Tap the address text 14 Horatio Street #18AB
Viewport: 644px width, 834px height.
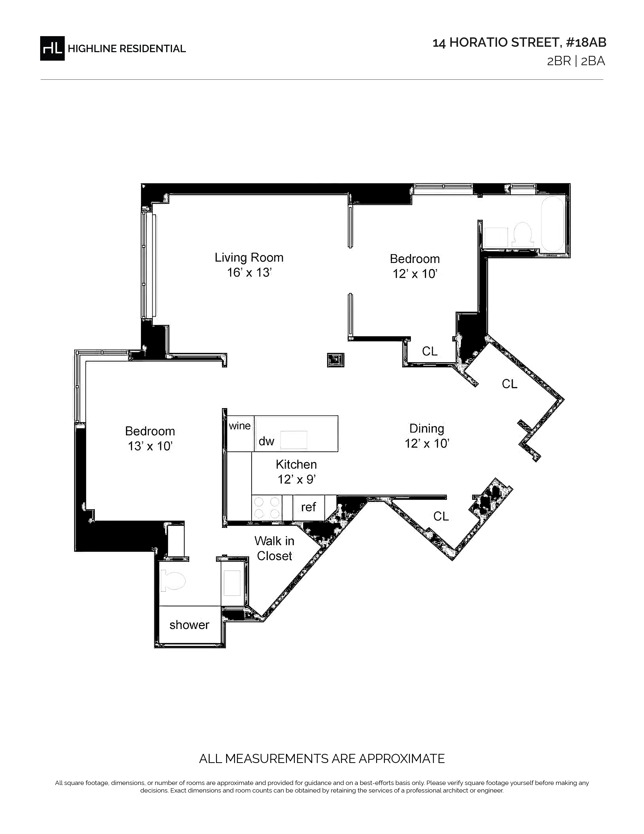pos(519,43)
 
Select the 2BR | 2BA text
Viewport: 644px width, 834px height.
pos(576,61)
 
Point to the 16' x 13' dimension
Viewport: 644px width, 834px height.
pos(249,273)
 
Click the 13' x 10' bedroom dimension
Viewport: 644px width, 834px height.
pos(150,446)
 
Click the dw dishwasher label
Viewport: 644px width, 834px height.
pos(266,442)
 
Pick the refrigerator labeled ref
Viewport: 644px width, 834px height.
pos(309,507)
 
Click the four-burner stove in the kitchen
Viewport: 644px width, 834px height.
pos(267,507)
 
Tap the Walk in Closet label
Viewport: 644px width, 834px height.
pos(274,548)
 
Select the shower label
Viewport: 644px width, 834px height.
pos(189,625)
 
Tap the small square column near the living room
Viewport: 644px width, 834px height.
pos(336,360)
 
